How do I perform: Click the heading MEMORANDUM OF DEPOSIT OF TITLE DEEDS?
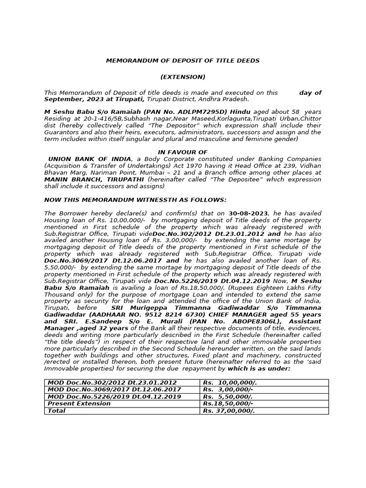pos(183,61)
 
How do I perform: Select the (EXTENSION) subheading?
pos(183,77)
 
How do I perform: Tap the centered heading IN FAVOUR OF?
pos(183,152)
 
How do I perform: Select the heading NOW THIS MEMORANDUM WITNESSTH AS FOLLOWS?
pos(129,200)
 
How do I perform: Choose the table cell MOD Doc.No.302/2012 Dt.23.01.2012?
pos(112,383)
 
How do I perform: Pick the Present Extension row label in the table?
pos(79,404)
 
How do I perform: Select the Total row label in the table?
pos(57,411)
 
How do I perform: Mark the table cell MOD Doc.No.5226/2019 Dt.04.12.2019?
pos(114,396)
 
